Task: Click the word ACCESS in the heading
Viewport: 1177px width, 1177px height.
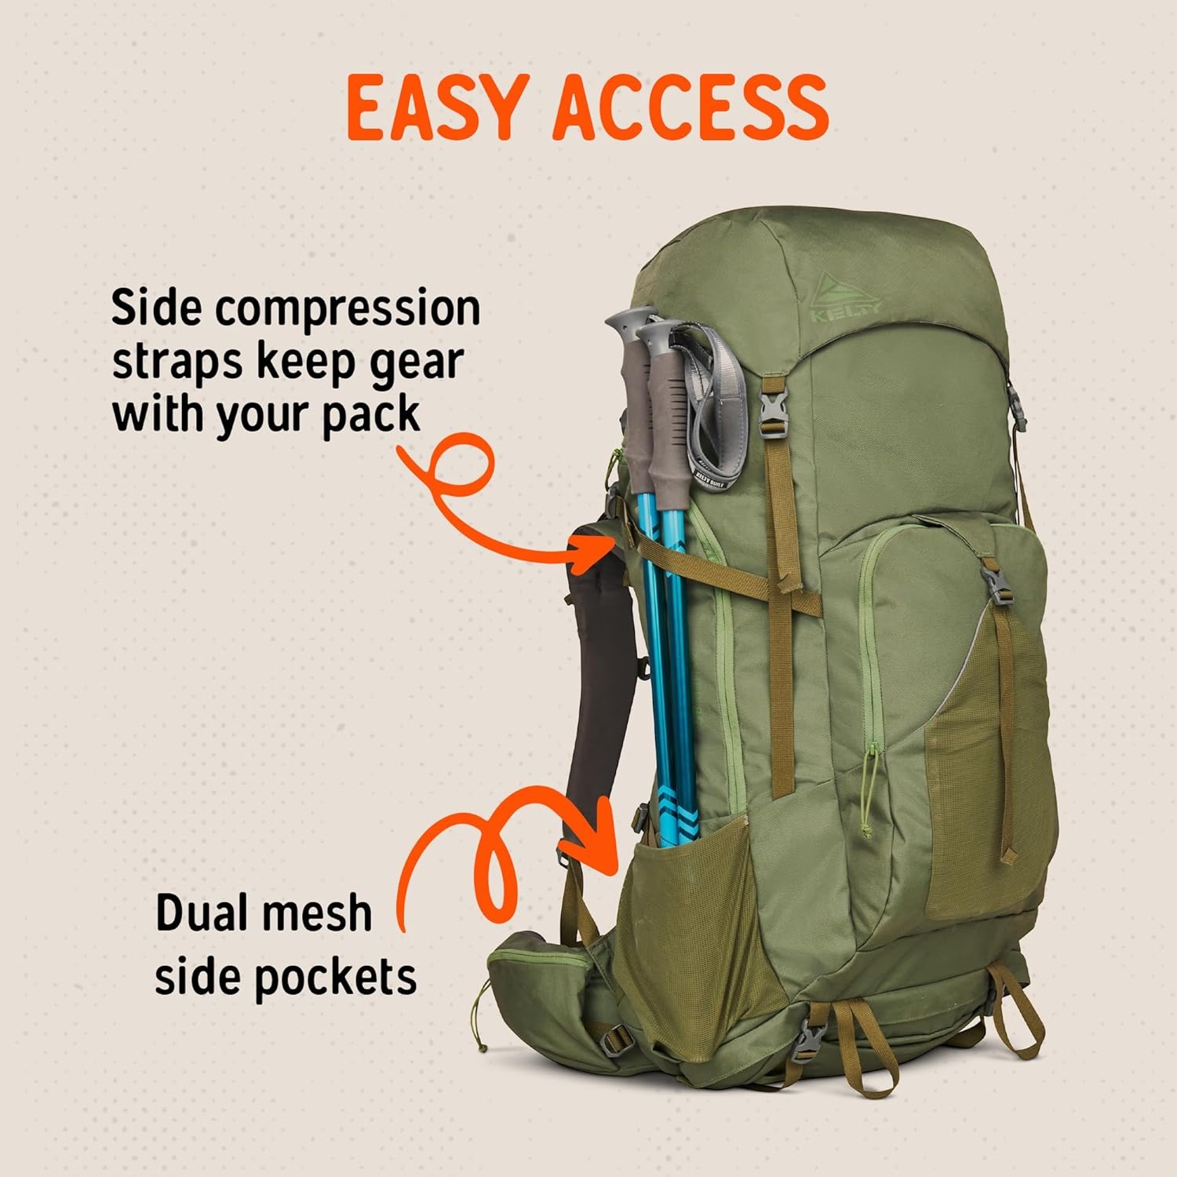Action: [x=691, y=107]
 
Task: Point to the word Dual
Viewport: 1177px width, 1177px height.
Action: [x=209, y=913]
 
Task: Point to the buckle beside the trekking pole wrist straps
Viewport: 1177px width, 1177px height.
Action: [x=776, y=408]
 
